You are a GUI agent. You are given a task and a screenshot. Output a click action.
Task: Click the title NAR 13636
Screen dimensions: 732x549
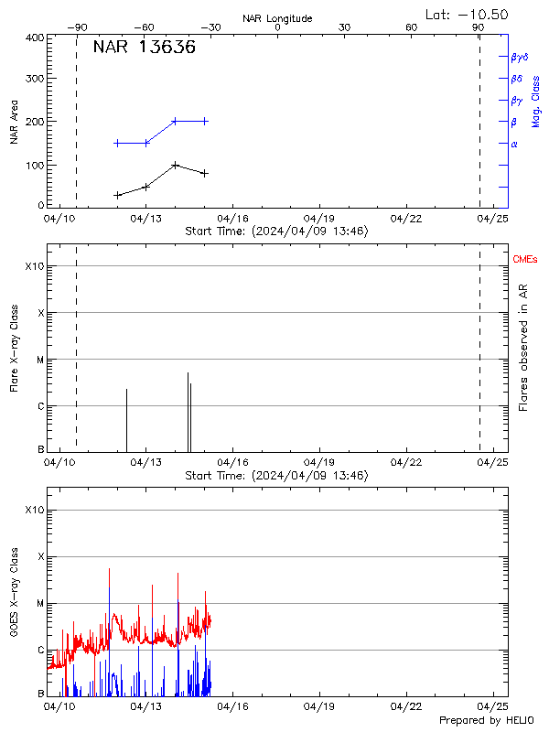[144, 48]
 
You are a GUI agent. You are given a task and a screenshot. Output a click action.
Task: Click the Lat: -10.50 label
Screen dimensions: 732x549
[468, 14]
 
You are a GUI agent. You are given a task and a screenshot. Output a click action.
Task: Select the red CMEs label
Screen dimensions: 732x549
[525, 260]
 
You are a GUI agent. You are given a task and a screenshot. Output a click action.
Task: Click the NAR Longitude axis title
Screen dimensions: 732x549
[277, 18]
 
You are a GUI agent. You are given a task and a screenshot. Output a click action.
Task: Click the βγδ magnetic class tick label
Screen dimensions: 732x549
[520, 57]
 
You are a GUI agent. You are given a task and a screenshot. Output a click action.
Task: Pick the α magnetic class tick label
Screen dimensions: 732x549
[514, 144]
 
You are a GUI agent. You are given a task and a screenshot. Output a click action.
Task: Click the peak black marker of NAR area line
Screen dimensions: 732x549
[175, 166]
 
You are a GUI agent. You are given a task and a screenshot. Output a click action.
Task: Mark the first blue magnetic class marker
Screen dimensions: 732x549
[117, 143]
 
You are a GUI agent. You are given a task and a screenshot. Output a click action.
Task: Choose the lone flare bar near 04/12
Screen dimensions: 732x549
[126, 419]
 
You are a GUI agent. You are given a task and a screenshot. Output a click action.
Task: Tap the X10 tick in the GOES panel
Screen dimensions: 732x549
[34, 510]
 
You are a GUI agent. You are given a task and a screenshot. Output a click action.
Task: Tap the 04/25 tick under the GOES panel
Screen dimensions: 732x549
[494, 706]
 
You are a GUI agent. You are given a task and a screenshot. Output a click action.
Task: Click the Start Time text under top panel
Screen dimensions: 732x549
[276, 231]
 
